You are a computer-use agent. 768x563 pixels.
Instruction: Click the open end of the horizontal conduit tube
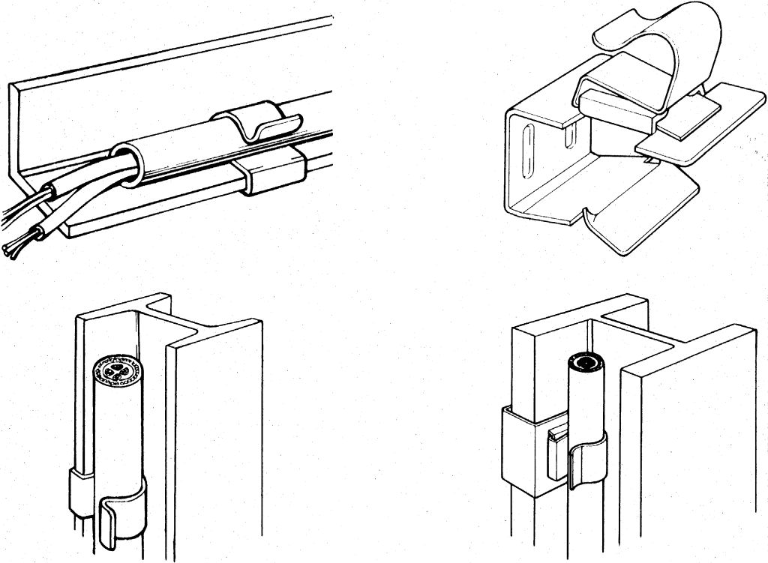pyautogui.click(x=126, y=160)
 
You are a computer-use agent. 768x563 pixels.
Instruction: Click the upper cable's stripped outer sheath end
pyautogui.click(x=51, y=194)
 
